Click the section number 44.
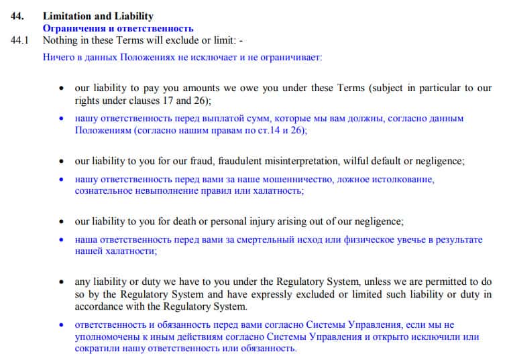coord(17,16)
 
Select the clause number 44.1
coord(21,40)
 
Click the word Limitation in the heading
coord(67,16)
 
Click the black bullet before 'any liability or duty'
coord(62,282)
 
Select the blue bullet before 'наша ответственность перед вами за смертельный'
coord(62,240)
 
